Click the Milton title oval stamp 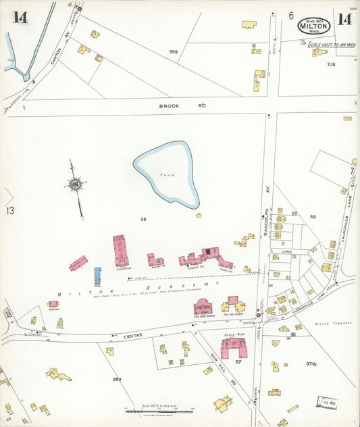click(314, 26)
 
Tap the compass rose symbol click(76, 184)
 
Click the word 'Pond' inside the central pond click(167, 175)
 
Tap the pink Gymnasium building click(122, 251)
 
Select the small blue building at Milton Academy click(97, 276)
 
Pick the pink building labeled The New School click(203, 307)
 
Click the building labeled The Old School click(233, 305)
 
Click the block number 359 click(174, 52)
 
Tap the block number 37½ click(311, 364)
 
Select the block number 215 click(331, 64)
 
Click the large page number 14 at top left click(19, 18)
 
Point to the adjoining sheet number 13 click(10, 211)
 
